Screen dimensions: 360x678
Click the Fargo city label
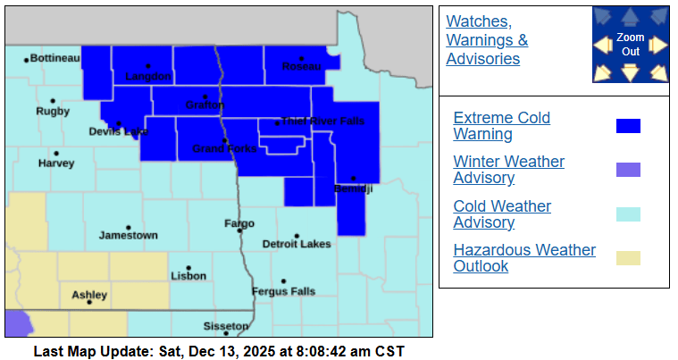tap(239, 223)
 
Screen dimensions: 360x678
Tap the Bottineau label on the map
tap(55, 58)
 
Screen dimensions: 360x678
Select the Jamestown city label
tap(128, 235)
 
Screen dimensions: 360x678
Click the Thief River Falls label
tap(322, 121)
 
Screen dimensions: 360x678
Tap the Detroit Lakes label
tap(297, 244)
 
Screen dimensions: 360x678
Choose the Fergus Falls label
tap(284, 291)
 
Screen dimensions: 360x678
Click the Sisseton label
tap(227, 325)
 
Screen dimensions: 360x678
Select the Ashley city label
tap(89, 295)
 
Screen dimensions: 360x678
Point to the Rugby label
tap(52, 112)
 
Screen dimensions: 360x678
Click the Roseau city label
tap(301, 67)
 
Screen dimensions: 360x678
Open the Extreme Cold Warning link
tap(501, 126)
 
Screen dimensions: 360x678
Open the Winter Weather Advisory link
tap(508, 170)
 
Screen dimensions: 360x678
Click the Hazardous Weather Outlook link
tap(524, 257)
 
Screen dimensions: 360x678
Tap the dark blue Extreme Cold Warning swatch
tap(628, 126)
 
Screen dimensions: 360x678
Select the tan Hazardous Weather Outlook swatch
tap(628, 258)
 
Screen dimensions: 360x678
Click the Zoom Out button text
tap(630, 45)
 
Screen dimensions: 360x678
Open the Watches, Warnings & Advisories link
tap(487, 40)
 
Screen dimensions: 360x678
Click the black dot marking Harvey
tap(56, 154)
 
